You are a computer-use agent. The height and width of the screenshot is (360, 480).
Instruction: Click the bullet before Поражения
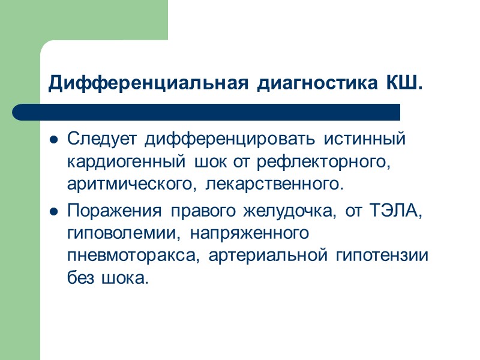click(53, 212)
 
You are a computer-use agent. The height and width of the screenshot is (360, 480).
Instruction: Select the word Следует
click(103, 139)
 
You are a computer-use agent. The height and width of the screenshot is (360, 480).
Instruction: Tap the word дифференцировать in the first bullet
click(231, 139)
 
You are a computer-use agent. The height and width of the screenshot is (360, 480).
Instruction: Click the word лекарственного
click(275, 184)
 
